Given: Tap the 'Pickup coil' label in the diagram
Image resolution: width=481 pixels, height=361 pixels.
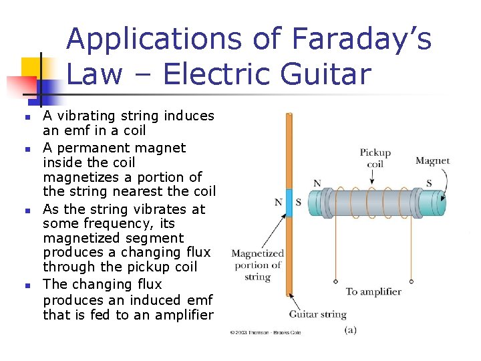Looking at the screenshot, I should pyautogui.click(x=375, y=158).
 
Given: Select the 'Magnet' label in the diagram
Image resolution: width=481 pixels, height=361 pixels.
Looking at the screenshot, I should pyautogui.click(x=432, y=160).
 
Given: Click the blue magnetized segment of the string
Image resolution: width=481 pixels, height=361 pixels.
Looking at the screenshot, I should pyautogui.click(x=289, y=202).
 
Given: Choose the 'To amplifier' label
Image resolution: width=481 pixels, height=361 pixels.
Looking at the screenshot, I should pyautogui.click(x=373, y=291).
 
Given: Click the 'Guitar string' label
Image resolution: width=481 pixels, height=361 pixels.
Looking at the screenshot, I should pyautogui.click(x=317, y=314).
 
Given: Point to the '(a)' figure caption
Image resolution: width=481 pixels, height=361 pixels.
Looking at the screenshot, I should pyautogui.click(x=349, y=330).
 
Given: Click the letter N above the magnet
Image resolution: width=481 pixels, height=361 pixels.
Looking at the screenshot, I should pyautogui.click(x=317, y=183).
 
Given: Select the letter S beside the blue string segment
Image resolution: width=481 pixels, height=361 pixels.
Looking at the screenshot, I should pyautogui.click(x=299, y=203).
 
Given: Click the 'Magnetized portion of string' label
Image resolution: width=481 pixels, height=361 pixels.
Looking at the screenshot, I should pyautogui.click(x=257, y=265).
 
